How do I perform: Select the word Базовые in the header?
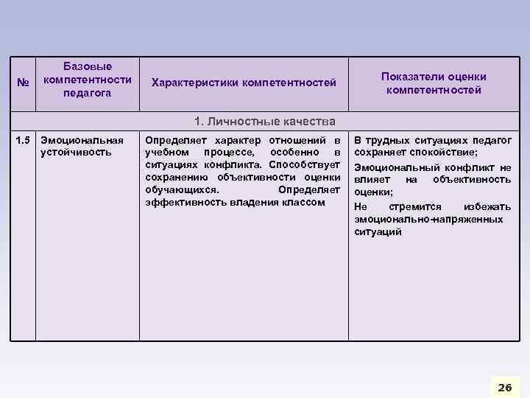tap(88, 67)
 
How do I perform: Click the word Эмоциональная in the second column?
tap(82, 140)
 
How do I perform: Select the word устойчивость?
tap(77, 152)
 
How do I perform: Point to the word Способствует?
tap(305, 164)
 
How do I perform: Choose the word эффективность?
tap(180, 202)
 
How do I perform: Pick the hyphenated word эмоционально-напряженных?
tap(428, 219)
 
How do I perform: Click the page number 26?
tap(504, 387)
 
